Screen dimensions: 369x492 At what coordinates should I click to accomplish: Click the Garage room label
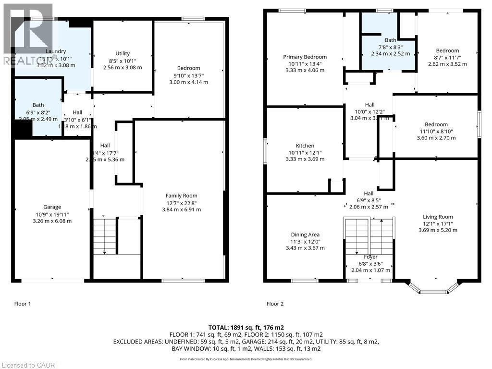coord(52,207)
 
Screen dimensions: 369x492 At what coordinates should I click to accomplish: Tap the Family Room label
coord(181,196)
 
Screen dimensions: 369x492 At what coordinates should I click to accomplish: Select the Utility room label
coord(123,53)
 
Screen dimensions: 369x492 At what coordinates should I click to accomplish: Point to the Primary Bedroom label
coord(305,57)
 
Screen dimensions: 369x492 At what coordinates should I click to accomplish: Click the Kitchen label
coord(305,146)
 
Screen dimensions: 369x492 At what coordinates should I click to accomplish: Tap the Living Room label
coord(438,217)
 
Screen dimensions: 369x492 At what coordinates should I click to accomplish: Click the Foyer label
coord(370,257)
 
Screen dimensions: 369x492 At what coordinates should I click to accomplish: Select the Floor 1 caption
coord(23,304)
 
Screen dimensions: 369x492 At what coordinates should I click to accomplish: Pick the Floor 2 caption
coord(275,304)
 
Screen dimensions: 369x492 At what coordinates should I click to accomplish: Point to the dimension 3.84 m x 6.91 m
coord(181,209)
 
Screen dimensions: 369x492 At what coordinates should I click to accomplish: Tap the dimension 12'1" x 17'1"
coord(438,223)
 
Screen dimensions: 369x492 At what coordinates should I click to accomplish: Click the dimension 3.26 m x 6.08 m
coord(52,221)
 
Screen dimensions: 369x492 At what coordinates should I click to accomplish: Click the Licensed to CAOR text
coord(28,365)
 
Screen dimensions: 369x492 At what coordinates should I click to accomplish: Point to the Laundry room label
coord(56,51)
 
